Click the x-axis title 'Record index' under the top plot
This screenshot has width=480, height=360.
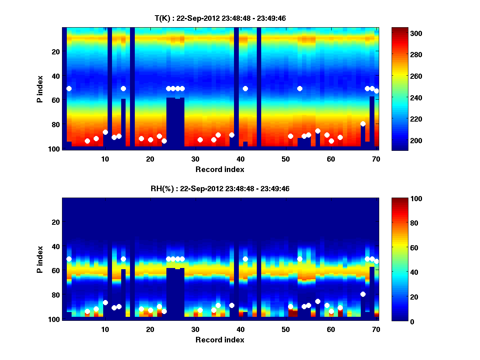[220, 169]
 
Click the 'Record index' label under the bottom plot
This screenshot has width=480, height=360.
[220, 340]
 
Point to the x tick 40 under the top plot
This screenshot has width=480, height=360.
[240, 159]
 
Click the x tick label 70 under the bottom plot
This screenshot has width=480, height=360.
[376, 329]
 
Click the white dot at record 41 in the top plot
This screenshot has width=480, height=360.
[245, 88]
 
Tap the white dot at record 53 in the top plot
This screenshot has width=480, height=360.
[300, 88]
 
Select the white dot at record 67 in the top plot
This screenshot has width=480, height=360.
[363, 124]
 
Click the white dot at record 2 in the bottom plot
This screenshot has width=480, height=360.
[69, 259]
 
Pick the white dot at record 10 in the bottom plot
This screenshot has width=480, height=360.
[105, 302]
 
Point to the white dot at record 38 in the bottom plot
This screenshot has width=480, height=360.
[232, 305]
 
